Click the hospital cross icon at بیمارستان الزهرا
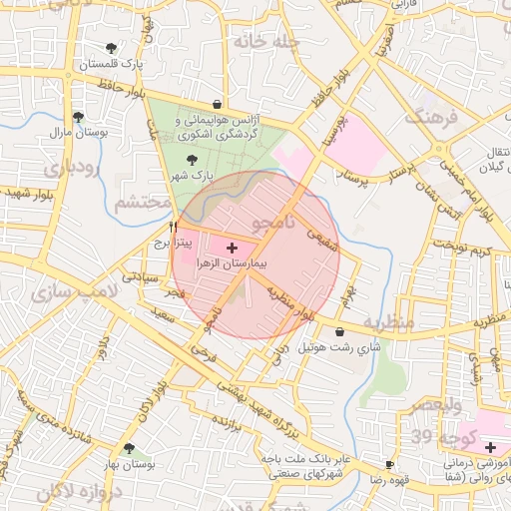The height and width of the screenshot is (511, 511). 233,246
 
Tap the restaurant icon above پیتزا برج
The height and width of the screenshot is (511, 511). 174,227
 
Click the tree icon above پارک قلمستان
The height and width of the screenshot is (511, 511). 110,48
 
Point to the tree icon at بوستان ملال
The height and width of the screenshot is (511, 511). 78,117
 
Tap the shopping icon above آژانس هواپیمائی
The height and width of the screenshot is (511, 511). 217,104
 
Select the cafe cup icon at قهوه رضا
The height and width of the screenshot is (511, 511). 389,465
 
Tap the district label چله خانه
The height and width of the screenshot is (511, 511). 265,42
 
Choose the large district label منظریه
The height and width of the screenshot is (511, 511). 387,324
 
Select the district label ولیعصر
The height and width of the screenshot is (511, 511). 435,404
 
